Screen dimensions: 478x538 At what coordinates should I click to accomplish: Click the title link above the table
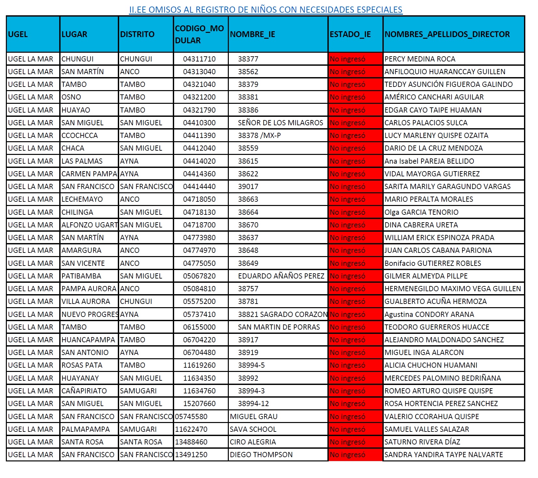point(266,10)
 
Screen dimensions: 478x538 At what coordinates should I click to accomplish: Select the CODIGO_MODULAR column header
point(199,34)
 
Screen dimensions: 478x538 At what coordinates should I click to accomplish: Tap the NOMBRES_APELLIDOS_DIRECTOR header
point(447,34)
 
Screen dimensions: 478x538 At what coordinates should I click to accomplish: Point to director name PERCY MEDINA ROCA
point(420,59)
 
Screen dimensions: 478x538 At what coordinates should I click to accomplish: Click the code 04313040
point(199,72)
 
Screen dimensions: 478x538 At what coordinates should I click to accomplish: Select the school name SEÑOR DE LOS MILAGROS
point(280,123)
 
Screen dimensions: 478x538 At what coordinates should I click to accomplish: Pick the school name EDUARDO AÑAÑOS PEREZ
point(281,276)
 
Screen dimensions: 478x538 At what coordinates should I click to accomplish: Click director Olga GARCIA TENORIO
point(421,212)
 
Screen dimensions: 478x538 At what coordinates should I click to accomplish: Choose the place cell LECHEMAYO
point(82,199)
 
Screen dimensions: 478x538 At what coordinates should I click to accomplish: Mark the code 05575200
point(199,301)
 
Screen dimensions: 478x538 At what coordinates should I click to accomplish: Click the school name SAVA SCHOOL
point(253,429)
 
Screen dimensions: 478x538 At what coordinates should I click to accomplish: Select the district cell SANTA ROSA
point(141,442)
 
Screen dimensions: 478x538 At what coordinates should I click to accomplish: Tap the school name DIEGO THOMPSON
point(261,455)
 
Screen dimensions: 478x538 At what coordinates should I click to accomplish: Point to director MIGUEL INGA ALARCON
point(424,352)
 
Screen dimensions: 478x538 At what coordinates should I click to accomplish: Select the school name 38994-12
point(253,403)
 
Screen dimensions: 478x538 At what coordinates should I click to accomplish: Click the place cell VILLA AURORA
point(86,301)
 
